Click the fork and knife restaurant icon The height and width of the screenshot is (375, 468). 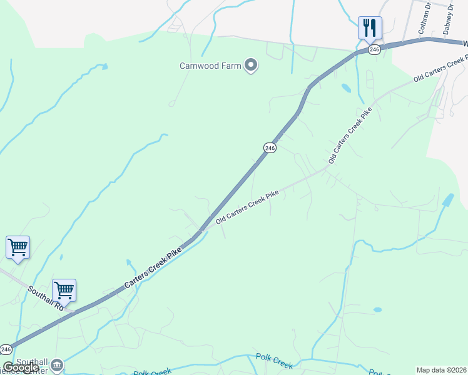(x=370, y=27)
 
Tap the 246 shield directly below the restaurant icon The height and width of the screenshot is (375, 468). (x=374, y=49)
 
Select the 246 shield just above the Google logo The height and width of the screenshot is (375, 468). (x=6, y=349)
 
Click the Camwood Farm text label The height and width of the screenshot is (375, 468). (x=210, y=65)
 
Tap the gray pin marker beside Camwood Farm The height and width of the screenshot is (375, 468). (x=251, y=64)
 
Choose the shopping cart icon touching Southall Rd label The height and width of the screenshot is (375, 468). (x=64, y=290)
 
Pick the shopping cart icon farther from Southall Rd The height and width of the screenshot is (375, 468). (x=18, y=247)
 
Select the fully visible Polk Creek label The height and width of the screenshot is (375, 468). (x=274, y=361)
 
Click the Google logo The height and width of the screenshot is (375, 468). (x=21, y=367)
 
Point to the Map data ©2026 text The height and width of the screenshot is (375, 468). (x=441, y=370)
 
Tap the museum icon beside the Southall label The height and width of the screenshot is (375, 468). (x=57, y=364)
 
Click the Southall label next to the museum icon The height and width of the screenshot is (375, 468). (x=33, y=362)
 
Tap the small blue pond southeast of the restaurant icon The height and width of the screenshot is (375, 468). (x=345, y=88)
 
